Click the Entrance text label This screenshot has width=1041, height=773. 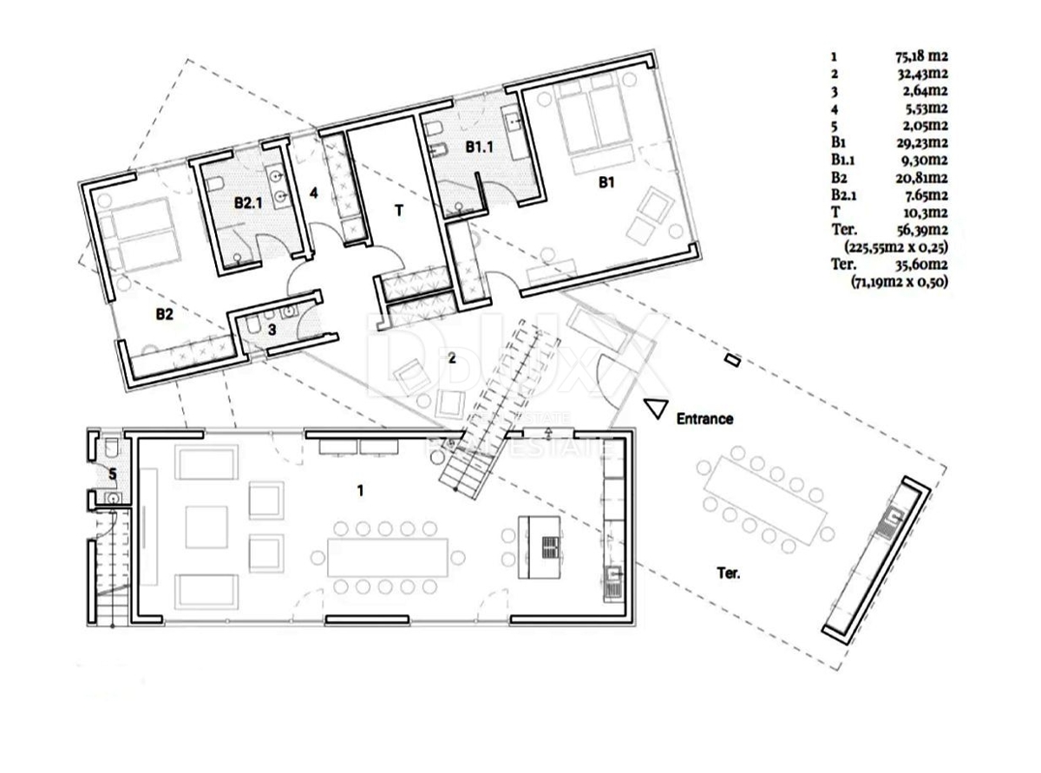[x=704, y=419]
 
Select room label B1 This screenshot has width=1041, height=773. [x=606, y=183]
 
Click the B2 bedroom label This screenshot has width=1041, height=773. [x=164, y=315]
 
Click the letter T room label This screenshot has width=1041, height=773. [x=398, y=209]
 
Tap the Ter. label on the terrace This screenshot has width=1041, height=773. [x=728, y=573]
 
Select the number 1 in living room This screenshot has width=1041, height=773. [x=360, y=491]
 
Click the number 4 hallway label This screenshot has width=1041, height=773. [x=314, y=193]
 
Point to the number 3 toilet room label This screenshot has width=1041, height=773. [x=272, y=330]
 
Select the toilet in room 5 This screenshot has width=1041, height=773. [x=109, y=449]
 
